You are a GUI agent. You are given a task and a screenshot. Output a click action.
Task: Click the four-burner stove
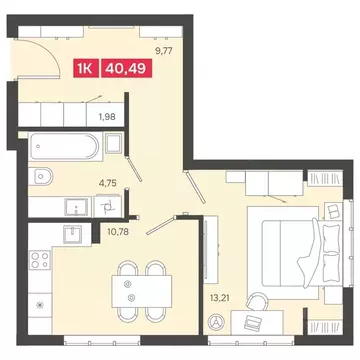coord(40,263)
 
